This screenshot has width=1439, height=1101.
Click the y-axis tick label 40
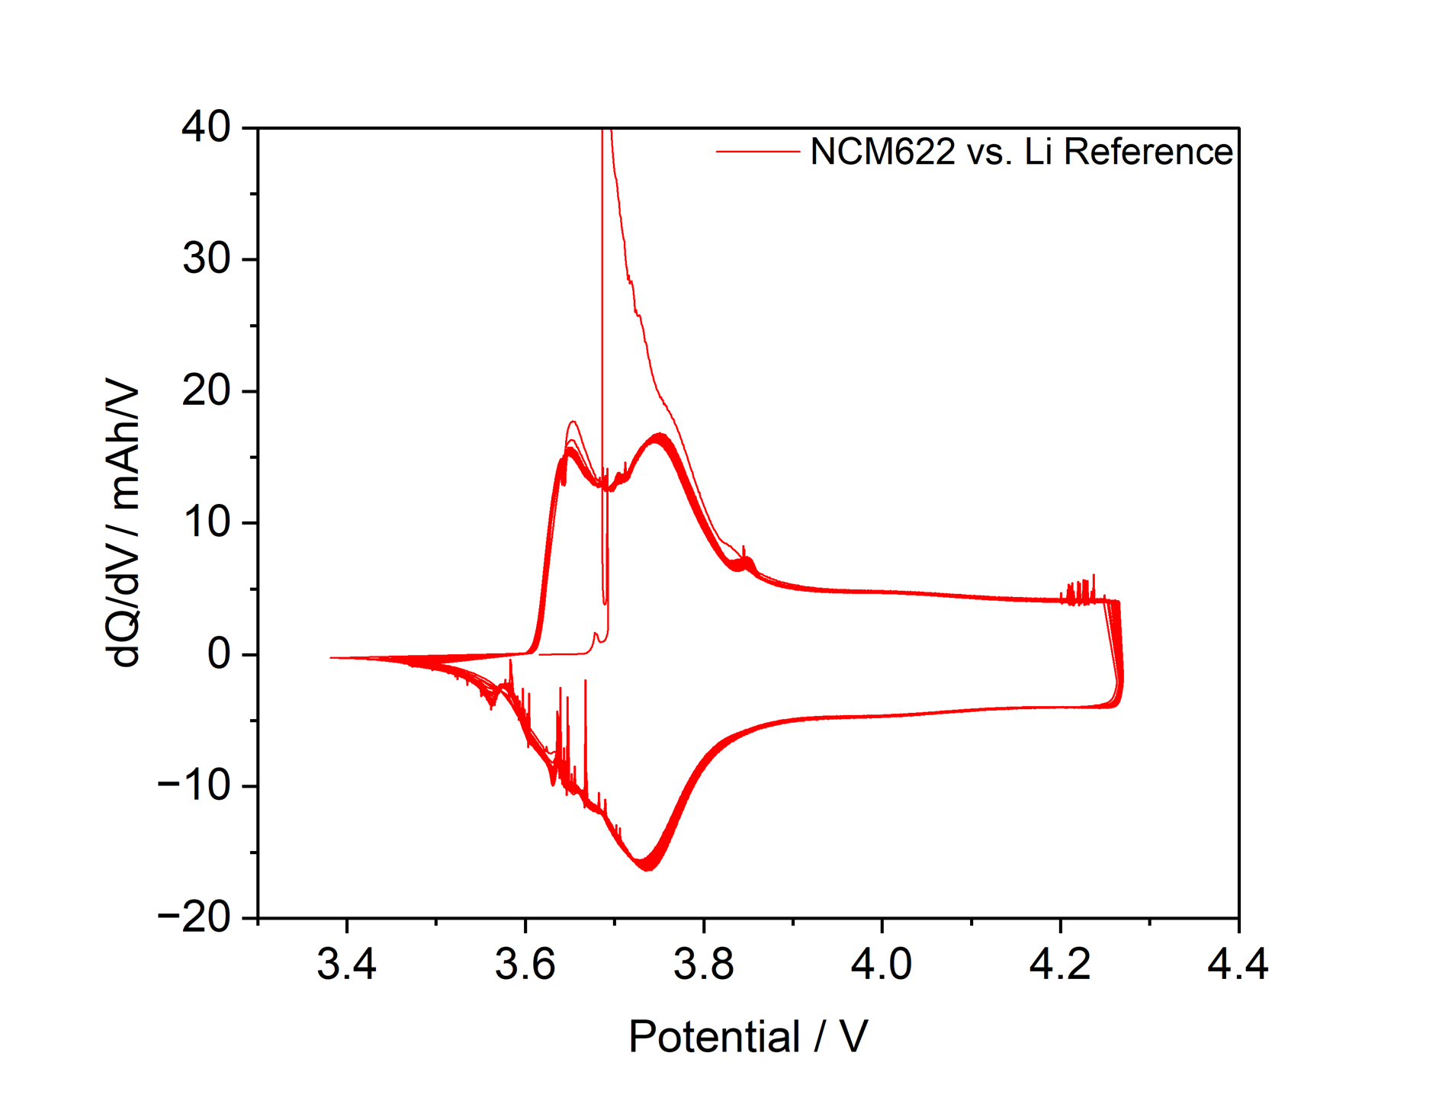pyautogui.click(x=206, y=127)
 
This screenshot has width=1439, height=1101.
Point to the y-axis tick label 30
pyautogui.click(x=206, y=259)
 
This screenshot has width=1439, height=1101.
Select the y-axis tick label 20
pyautogui.click(x=206, y=391)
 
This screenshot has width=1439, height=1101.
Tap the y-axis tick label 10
pyautogui.click(x=206, y=523)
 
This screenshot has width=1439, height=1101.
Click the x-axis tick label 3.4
pyautogui.click(x=346, y=964)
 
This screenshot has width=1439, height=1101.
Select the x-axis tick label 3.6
pyautogui.click(x=525, y=964)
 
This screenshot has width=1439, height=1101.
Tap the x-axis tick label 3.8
pyautogui.click(x=703, y=964)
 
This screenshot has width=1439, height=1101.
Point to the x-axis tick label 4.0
pyautogui.click(x=882, y=964)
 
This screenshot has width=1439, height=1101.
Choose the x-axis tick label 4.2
pyautogui.click(x=1060, y=964)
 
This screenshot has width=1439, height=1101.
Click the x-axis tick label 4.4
pyautogui.click(x=1238, y=964)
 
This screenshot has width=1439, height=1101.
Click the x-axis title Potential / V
pyautogui.click(x=748, y=1037)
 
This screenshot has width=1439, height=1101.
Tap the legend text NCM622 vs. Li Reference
pyautogui.click(x=1021, y=152)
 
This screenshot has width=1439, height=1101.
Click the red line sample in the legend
pyautogui.click(x=757, y=152)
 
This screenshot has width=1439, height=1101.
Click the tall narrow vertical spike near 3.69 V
pyautogui.click(x=602, y=305)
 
